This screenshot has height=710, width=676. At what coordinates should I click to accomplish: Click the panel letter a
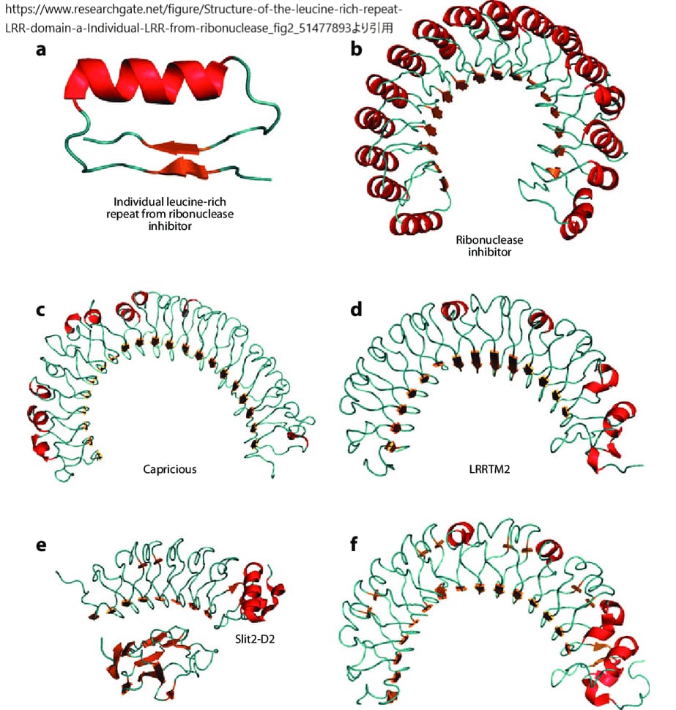[42, 51]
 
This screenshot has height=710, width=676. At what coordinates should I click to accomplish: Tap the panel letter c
[42, 310]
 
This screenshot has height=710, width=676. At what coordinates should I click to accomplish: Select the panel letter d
[357, 310]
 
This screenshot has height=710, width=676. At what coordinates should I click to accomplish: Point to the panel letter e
[42, 545]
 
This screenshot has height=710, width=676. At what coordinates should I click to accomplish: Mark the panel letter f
[355, 545]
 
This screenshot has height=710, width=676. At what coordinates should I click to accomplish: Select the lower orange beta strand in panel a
[179, 169]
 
